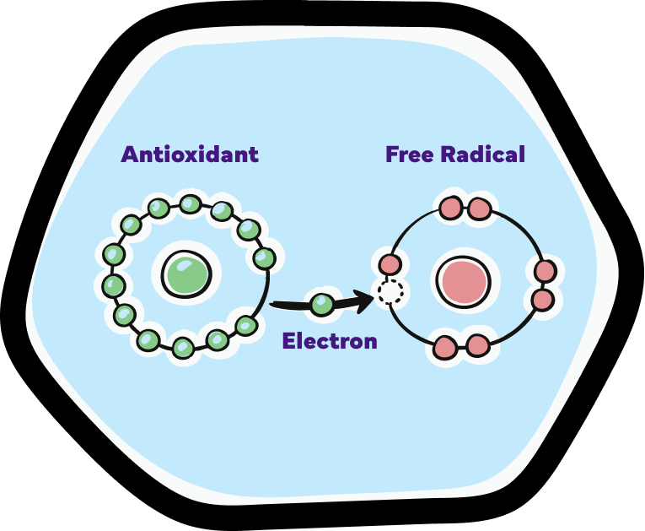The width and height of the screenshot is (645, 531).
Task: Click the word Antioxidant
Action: (190, 154)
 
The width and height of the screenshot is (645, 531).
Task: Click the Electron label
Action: (330, 341)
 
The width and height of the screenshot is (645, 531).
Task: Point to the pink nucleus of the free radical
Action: (463, 281)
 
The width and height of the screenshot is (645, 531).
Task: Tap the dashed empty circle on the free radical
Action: (390, 292)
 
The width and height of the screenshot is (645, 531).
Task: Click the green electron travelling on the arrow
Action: (322, 304)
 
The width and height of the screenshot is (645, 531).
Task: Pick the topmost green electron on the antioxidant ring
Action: (191, 204)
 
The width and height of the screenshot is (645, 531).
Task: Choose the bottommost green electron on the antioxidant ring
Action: (183, 347)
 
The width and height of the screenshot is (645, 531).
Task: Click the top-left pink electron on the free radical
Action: (451, 208)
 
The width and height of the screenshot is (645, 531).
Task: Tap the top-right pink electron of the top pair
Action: (479, 209)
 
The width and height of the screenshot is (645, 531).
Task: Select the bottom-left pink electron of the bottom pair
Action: (445, 347)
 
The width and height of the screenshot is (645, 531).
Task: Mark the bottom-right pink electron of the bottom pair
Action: (478, 345)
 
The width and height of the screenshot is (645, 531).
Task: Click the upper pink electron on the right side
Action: (546, 271)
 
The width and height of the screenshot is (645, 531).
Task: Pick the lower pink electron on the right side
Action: (542, 300)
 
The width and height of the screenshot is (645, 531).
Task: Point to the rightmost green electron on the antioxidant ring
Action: (264, 257)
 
